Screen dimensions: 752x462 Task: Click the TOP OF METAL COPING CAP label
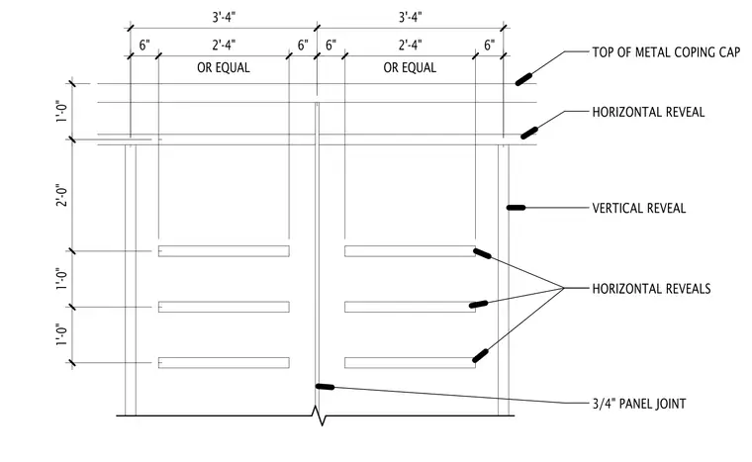666,51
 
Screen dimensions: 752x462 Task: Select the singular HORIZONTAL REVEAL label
648,112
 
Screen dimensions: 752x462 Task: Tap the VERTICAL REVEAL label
639,208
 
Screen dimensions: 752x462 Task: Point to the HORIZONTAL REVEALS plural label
651,288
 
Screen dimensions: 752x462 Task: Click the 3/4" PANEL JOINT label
639,404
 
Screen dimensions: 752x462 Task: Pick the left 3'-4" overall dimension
224,17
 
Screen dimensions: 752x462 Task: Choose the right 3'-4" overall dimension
410,17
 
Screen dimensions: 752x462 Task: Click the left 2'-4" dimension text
224,46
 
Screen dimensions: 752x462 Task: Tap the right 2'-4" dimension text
410,46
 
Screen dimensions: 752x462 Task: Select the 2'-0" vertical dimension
62,195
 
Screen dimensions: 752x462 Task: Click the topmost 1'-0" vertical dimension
62,111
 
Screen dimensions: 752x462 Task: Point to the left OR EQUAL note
224,67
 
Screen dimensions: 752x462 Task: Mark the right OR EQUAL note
410,67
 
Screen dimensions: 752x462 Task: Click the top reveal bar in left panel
224,251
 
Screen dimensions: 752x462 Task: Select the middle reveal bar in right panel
410,307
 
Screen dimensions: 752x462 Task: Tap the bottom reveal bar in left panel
224,363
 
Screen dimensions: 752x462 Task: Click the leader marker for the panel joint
325,387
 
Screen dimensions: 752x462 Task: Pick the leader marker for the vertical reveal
517,208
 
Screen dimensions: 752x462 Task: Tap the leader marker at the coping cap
523,79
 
